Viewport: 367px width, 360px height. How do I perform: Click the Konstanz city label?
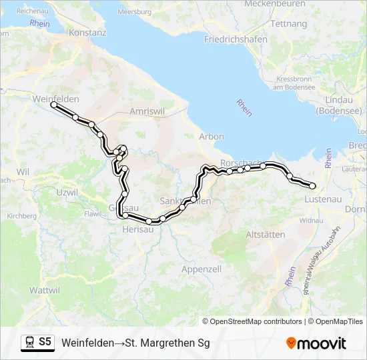[x=87, y=32]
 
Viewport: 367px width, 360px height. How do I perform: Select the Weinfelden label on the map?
[x=55, y=99]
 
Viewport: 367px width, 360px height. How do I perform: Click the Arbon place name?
[x=212, y=137]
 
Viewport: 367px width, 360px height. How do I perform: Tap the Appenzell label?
[x=201, y=269]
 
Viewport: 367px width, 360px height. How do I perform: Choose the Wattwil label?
[x=45, y=290]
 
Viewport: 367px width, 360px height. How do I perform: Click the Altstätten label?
[x=265, y=235]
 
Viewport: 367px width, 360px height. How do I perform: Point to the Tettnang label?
[x=290, y=23]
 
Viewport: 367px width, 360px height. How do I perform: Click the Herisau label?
[x=138, y=229]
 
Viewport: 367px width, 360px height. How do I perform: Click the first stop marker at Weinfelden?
[x=54, y=105]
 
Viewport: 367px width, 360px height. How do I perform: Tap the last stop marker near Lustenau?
[x=312, y=186]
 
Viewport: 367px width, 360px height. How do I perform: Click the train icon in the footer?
[x=29, y=343]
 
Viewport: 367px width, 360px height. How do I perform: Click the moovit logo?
[x=316, y=343]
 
